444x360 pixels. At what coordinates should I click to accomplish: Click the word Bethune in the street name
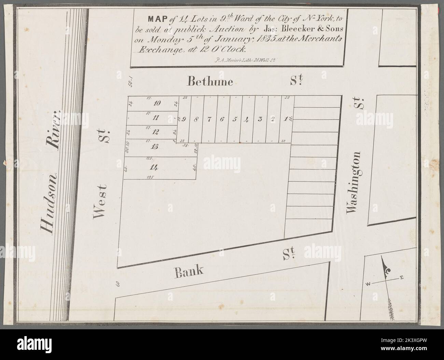click(x=210, y=82)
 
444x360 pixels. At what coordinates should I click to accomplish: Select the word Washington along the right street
click(x=353, y=183)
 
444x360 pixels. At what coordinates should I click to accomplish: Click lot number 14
click(x=152, y=167)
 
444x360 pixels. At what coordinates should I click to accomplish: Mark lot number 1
click(x=286, y=119)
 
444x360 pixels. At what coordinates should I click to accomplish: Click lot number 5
click(x=234, y=119)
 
